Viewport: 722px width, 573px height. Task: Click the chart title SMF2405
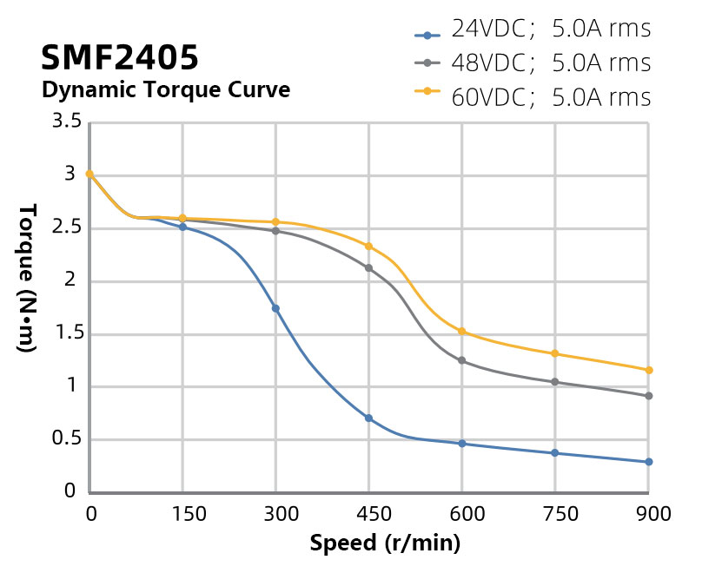pos(120,58)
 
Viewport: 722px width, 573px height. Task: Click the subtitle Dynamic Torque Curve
pos(165,89)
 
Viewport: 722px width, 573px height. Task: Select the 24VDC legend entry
pos(533,30)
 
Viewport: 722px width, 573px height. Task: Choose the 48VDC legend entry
pos(533,63)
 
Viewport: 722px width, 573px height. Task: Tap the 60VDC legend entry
pos(533,97)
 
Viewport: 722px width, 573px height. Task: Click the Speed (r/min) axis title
pos(385,544)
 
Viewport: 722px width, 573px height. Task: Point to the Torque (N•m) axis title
pos(26,278)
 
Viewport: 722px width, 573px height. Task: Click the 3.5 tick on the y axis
pos(67,122)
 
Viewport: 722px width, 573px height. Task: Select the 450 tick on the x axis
pos(368,514)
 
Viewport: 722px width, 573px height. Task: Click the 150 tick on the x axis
pos(182,514)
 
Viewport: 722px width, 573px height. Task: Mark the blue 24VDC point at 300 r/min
pos(275,308)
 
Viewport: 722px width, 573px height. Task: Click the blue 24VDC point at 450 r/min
pos(368,418)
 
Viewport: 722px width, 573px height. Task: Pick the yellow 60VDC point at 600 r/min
pos(462,332)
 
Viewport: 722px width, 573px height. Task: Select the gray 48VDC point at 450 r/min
pos(368,268)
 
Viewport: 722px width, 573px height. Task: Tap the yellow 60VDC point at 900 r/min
pos(648,371)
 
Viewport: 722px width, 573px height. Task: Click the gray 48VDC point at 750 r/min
pos(555,382)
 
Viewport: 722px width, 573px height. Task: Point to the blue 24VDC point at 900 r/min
pos(648,462)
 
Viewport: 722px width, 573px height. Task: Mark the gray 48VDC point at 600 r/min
pos(462,360)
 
